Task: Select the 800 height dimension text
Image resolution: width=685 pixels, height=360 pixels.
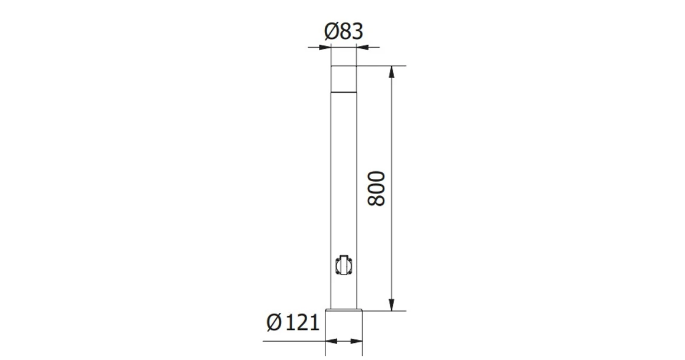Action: (x=376, y=188)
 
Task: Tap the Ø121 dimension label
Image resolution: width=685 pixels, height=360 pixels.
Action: (x=293, y=322)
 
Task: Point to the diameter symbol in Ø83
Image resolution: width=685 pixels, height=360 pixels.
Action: (x=331, y=32)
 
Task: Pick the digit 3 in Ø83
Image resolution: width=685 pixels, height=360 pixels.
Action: (x=356, y=32)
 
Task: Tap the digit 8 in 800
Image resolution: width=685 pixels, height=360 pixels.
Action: (x=376, y=200)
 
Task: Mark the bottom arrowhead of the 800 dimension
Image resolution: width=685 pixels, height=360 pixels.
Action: (x=391, y=305)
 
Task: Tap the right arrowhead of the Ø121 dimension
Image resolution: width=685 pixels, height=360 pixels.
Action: (x=357, y=341)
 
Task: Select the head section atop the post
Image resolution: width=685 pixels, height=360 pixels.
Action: (x=343, y=78)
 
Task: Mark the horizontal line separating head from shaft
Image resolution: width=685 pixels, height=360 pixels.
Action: (x=343, y=92)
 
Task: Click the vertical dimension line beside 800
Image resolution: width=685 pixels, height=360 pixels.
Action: (x=391, y=148)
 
